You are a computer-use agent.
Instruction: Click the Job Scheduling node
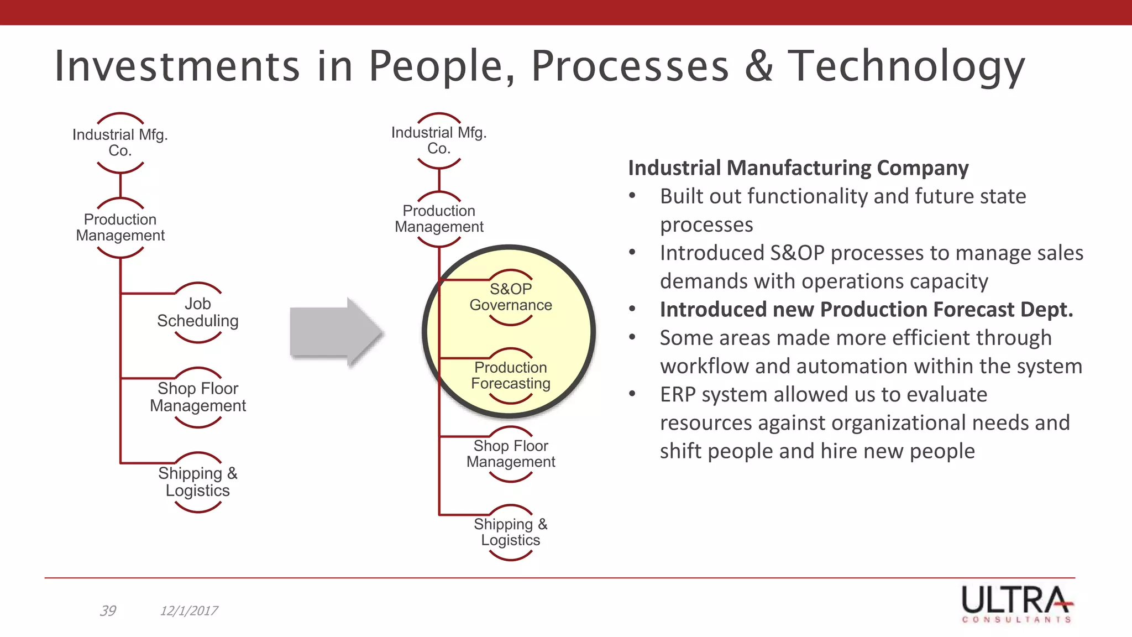[198, 312]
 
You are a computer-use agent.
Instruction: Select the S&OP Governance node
[511, 297]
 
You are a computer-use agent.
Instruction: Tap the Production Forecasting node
[511, 375]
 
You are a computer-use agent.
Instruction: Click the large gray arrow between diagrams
[336, 332]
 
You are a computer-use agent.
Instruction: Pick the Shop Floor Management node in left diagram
[198, 397]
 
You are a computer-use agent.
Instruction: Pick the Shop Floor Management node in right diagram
[511, 454]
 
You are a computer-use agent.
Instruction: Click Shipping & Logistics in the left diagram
[198, 482]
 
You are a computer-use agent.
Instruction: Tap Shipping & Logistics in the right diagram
[511, 532]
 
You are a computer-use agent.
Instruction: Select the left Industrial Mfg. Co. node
[120, 143]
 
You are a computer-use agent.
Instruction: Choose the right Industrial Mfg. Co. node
[439, 140]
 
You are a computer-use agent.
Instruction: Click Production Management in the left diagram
[120, 227]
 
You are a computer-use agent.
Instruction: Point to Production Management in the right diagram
[439, 219]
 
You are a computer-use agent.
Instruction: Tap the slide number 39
[108, 610]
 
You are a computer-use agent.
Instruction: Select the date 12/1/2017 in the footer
[188, 610]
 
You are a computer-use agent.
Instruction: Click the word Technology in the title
[906, 66]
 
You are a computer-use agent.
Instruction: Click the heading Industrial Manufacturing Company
[798, 168]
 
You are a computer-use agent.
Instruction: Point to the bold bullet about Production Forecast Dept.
[866, 309]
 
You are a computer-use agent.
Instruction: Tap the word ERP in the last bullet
[677, 394]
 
